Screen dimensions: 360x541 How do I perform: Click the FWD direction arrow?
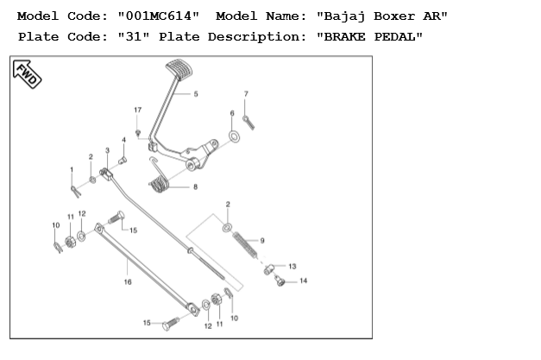click(x=28, y=75)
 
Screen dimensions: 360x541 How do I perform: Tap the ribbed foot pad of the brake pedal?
click(x=175, y=66)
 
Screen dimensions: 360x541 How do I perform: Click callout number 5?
click(x=196, y=93)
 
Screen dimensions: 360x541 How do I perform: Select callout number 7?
click(x=246, y=93)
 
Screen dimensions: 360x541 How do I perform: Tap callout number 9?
click(x=262, y=239)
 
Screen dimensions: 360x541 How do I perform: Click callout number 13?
click(x=292, y=266)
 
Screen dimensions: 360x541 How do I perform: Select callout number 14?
click(x=303, y=281)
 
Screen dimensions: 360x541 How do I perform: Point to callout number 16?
click(x=128, y=281)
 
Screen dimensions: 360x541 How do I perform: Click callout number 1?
click(x=72, y=168)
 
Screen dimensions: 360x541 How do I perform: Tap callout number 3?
click(x=107, y=150)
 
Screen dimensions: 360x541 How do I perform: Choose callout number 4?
click(x=123, y=139)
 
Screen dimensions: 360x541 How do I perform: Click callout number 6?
click(x=232, y=113)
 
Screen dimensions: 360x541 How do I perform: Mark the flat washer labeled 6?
click(x=234, y=136)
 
